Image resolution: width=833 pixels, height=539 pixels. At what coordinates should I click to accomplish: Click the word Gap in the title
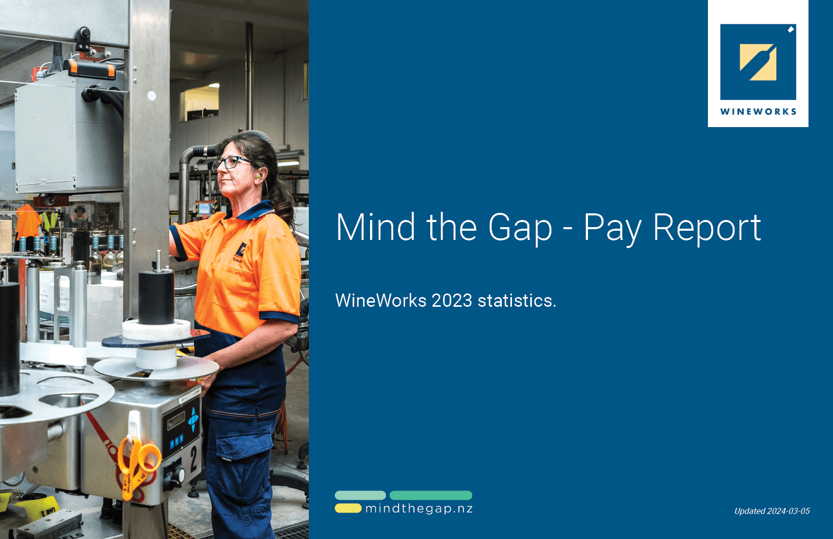coord(520,228)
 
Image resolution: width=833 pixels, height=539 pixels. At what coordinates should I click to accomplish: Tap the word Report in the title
coord(707,228)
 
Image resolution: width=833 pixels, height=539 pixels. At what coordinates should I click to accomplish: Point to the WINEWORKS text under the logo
coord(758,112)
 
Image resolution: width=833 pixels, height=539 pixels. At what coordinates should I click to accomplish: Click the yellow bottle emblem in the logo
coord(758,62)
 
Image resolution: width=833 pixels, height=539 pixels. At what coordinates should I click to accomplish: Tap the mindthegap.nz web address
coord(419,508)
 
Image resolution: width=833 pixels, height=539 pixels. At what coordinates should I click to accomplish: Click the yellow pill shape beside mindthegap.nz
coord(348,508)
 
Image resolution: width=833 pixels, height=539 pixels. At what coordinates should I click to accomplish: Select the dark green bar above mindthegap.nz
coord(431,495)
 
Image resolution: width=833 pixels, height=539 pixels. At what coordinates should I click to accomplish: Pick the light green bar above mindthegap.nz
coord(360,495)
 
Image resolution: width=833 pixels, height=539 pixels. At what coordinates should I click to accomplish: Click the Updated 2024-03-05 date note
coord(772,511)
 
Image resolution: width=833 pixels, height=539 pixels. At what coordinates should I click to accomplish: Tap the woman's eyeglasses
coord(231,163)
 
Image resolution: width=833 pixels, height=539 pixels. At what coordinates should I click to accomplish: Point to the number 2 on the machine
coord(194,459)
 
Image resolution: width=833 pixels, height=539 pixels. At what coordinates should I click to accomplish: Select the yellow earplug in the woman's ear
coord(258,177)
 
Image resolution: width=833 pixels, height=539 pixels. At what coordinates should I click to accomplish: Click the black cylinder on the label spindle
coord(156,297)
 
